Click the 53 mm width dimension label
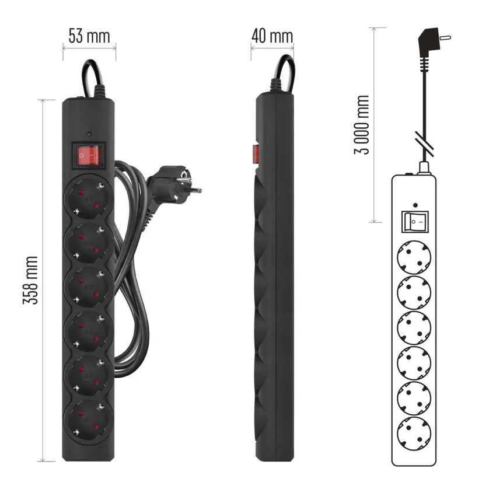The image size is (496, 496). tap(89, 36)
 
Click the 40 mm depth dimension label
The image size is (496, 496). tap(273, 36)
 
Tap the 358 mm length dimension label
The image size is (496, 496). tap(31, 280)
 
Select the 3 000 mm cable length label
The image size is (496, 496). tap(362, 125)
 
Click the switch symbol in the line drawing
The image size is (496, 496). tap(415, 222)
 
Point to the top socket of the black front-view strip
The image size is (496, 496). tap(89, 197)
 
